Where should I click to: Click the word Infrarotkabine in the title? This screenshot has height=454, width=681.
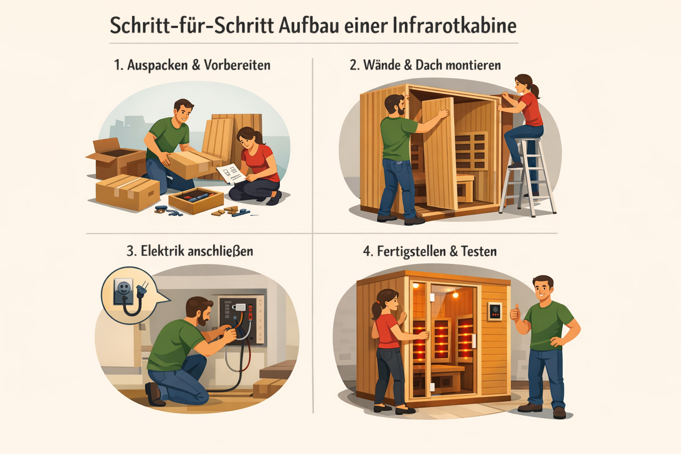pyautogui.click(x=454, y=26)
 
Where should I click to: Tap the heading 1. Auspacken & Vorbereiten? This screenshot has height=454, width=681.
pyautogui.click(x=192, y=65)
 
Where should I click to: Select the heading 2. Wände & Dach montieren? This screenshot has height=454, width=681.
pyautogui.click(x=425, y=65)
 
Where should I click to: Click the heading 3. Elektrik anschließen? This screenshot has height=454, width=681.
pyautogui.click(x=190, y=251)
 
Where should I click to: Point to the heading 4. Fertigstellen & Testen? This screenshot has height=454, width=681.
pyautogui.click(x=430, y=251)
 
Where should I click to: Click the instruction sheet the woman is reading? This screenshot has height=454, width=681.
pyautogui.click(x=230, y=172)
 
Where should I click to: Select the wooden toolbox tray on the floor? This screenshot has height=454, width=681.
pyautogui.click(x=196, y=200)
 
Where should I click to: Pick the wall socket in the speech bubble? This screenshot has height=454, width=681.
pyautogui.click(x=123, y=290)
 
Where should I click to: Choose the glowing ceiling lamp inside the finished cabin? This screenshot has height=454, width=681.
pyautogui.click(x=455, y=294)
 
